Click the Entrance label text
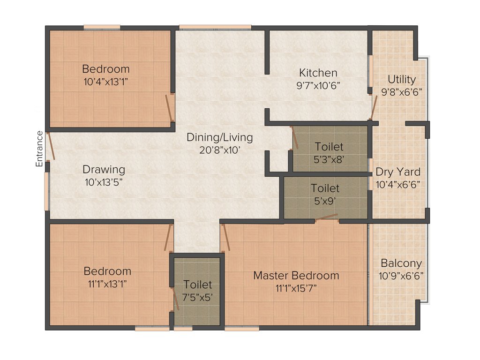40,149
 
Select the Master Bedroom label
296,275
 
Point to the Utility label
401,79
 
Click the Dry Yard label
397,172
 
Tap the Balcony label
401,263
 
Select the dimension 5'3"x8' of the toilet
329,159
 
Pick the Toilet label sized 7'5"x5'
197,285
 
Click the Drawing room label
104,169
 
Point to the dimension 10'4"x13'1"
105,81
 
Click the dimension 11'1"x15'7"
296,287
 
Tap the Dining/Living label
219,137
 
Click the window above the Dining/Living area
215,27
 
